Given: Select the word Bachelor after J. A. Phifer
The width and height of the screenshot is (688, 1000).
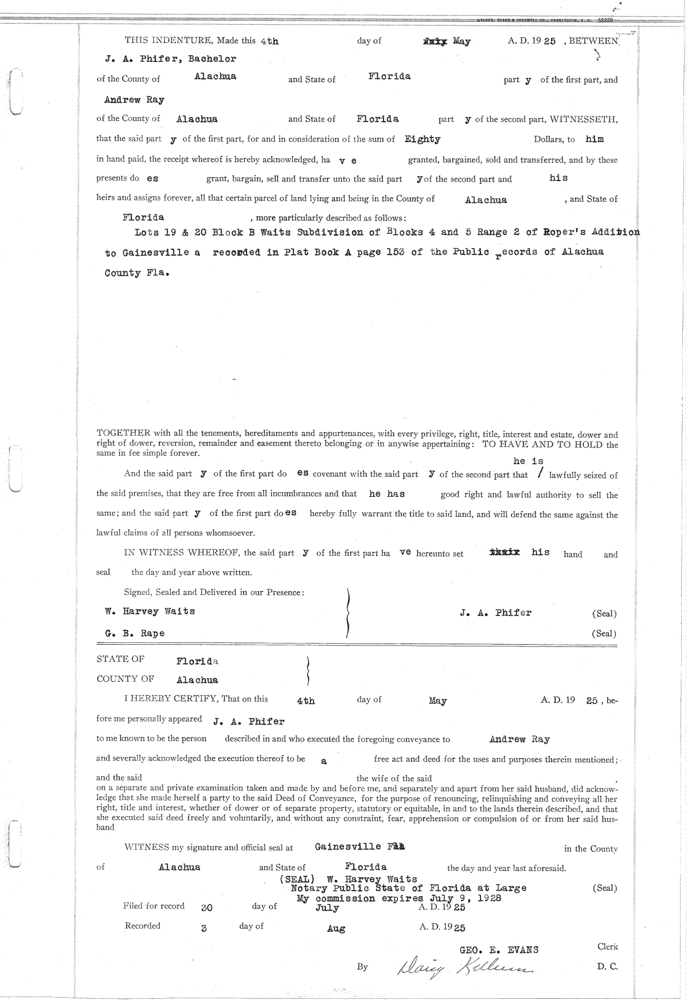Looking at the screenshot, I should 212,58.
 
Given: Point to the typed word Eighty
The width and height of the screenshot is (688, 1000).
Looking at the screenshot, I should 423,139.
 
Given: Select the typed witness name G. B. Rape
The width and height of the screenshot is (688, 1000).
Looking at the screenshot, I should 135,633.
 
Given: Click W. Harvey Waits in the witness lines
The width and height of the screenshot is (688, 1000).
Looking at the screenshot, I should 150,611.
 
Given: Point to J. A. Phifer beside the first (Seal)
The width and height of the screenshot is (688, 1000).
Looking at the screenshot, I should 495,613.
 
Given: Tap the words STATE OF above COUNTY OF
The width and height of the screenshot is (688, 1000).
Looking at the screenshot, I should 120,659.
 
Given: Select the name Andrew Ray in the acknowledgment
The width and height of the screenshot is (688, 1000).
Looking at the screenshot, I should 519,739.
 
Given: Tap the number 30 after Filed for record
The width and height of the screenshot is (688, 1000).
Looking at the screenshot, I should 208,908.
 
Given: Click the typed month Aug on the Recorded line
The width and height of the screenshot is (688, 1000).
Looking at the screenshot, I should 335,928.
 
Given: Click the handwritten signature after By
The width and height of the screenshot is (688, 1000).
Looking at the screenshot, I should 464,968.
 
